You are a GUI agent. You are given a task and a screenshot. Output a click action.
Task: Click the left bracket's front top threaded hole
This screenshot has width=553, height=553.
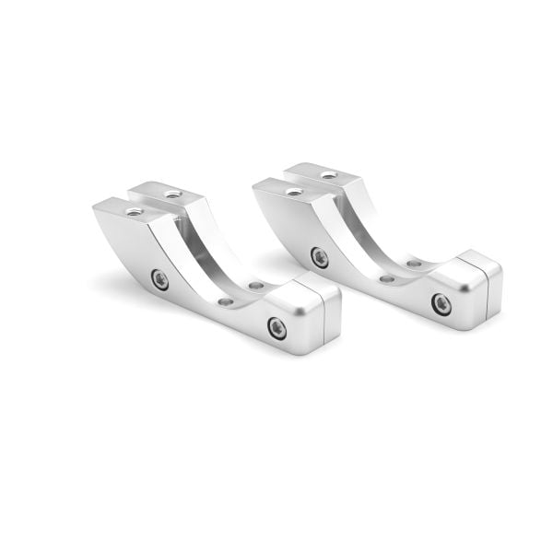point(135,211)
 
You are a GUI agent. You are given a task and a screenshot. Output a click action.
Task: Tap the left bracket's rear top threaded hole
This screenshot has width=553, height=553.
point(172,194)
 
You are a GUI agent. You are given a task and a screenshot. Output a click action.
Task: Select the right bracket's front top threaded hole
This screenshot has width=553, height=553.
point(294,192)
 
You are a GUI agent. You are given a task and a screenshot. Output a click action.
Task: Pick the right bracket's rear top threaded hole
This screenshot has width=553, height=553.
point(329,175)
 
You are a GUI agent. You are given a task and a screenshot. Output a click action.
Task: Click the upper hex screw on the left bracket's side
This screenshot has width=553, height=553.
point(159,279)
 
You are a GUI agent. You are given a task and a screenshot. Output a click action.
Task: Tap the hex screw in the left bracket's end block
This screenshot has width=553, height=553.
point(276,327)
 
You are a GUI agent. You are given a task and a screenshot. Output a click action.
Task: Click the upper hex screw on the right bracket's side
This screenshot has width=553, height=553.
point(319,257)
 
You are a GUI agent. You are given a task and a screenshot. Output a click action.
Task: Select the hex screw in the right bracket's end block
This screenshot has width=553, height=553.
point(441,303)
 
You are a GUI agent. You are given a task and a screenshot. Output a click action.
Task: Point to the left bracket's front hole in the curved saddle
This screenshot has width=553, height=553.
point(226,301)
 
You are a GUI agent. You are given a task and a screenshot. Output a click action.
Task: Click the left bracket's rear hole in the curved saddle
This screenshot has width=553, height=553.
point(255,286)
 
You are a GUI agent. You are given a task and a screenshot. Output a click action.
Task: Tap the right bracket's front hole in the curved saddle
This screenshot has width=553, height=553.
point(387,278)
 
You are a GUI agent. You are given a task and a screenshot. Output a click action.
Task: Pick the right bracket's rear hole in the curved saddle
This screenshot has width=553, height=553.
point(414,264)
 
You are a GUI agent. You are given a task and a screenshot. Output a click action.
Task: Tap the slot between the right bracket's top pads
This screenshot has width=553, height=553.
point(312,183)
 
